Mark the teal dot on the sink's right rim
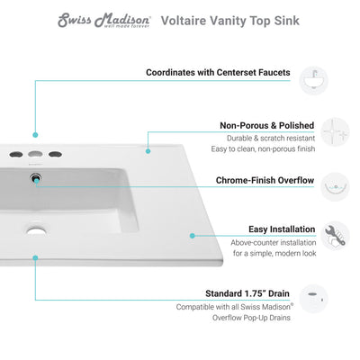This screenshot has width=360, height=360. (192, 235)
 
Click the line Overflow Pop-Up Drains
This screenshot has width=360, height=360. (263, 318)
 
